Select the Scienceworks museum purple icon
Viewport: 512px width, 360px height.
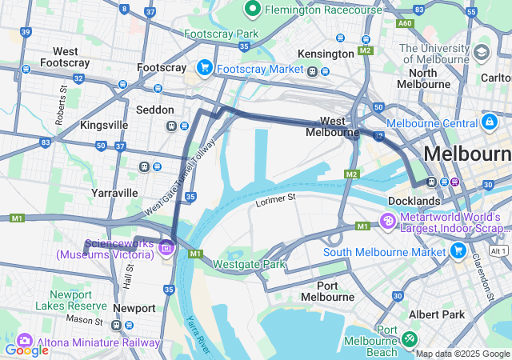tap(166, 247)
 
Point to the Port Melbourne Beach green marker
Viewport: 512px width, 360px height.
tap(410, 339)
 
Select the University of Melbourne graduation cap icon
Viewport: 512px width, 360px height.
tap(482, 53)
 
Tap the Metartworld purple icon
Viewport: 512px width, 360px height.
tap(388, 220)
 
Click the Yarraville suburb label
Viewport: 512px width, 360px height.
tap(114, 193)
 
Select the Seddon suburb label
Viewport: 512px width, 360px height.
tap(155, 110)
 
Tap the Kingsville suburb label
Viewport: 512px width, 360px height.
tap(104, 126)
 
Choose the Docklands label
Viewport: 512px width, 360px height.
tap(414, 200)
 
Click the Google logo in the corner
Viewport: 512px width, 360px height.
tap(26, 350)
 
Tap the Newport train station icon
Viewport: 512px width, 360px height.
tap(118, 325)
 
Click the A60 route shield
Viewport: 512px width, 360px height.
tap(405, 24)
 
